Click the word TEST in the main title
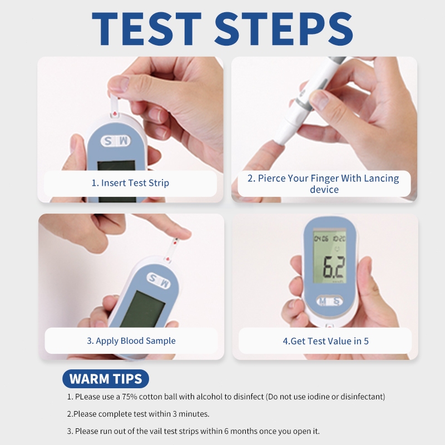click(147, 29)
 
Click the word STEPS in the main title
click(284, 29)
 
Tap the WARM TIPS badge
click(106, 379)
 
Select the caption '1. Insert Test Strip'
click(130, 183)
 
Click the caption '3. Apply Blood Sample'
click(131, 340)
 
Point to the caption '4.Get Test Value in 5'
click(325, 341)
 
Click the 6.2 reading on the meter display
click(334, 267)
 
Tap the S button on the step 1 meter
click(108, 141)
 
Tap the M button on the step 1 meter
click(123, 141)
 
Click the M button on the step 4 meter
click(323, 301)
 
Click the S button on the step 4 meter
click(337, 301)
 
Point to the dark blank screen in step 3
click(142, 309)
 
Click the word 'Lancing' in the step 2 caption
click(381, 179)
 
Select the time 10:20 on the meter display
click(339, 239)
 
